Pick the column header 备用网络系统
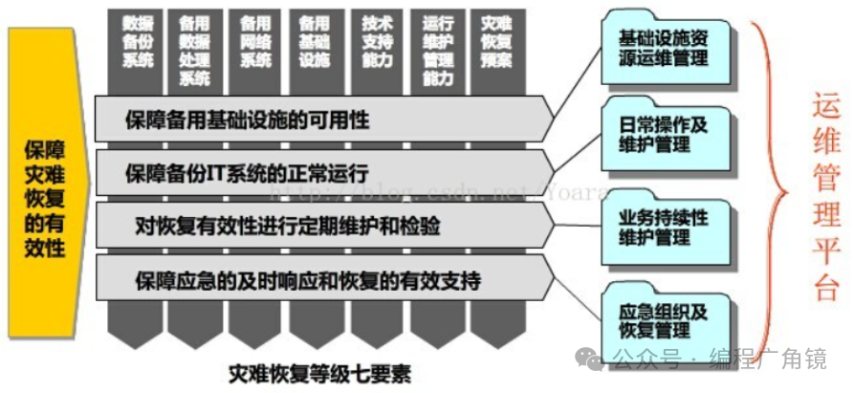click(254, 41)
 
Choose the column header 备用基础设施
click(313, 41)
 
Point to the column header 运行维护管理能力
click(437, 48)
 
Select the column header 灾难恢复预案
click(495, 41)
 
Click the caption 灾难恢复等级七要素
click(320, 372)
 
